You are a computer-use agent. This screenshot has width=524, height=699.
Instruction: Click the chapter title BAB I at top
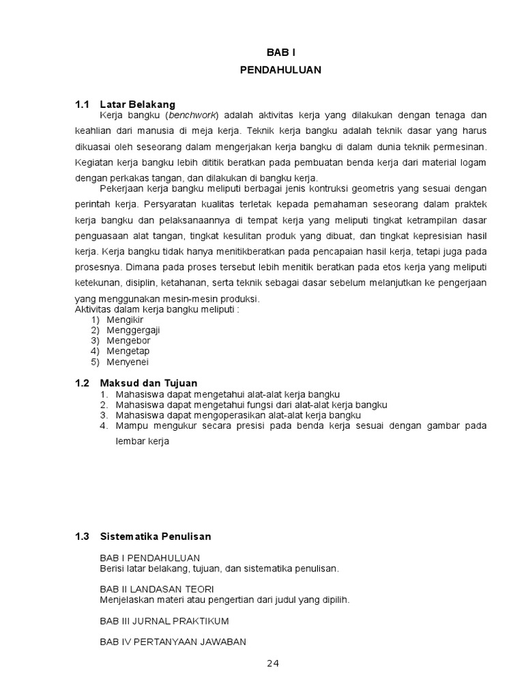[281, 52]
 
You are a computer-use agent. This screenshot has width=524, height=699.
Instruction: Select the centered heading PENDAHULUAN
[280, 70]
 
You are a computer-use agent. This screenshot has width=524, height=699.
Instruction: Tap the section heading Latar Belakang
[137, 104]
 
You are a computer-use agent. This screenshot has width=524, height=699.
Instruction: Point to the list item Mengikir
[125, 319]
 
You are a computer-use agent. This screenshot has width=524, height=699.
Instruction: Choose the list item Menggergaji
[133, 330]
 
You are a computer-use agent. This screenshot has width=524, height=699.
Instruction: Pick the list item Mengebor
[128, 341]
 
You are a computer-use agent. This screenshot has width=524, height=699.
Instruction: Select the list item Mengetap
[128, 351]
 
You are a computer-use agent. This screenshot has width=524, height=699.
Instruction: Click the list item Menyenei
[128, 362]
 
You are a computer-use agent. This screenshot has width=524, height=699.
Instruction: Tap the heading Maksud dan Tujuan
[148, 383]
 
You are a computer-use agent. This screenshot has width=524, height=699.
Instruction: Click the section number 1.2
[82, 383]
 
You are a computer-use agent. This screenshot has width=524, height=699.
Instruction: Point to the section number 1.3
[82, 537]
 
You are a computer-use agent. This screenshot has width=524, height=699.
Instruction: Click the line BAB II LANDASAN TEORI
[157, 589]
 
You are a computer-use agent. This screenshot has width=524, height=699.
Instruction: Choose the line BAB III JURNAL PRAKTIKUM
[164, 620]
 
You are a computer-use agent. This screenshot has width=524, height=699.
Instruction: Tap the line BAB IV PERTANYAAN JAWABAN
[173, 642]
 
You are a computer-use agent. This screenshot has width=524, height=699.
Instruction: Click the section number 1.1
[82, 104]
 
